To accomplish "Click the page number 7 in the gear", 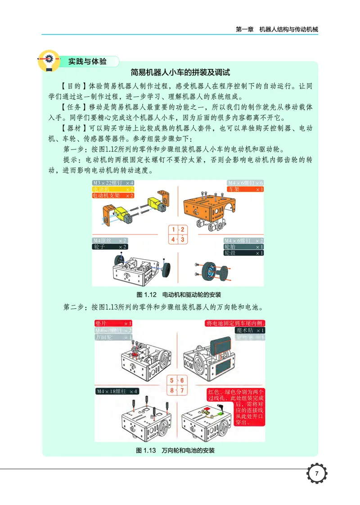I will (x=317, y=474).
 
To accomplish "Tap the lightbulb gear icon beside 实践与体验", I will (x=49, y=61).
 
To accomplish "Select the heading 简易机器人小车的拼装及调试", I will (x=180, y=72).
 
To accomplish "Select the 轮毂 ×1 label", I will (x=243, y=253).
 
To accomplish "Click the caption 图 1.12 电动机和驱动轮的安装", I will (x=179, y=295).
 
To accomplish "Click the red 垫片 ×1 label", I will (x=113, y=323).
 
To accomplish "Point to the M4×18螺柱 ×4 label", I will (x=117, y=391).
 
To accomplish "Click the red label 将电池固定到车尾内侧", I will (x=235, y=323).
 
